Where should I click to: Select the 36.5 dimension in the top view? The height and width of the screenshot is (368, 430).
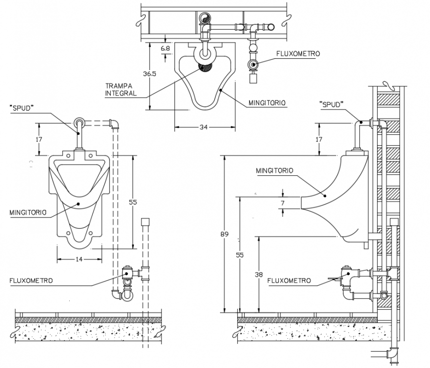click(x=149, y=74)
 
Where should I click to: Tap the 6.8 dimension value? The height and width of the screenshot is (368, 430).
click(x=166, y=48)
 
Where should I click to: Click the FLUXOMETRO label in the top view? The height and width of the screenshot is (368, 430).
click(x=298, y=53)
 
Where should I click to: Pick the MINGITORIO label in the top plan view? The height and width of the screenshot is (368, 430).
click(x=267, y=103)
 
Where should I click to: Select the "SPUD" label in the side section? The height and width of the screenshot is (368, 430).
click(x=331, y=104)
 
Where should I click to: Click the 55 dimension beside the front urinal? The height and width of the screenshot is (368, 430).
click(x=132, y=202)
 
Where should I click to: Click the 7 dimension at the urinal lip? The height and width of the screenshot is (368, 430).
click(x=283, y=203)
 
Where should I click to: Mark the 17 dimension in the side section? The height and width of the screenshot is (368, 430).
click(x=319, y=140)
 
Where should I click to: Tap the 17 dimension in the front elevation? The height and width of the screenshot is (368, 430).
click(x=39, y=139)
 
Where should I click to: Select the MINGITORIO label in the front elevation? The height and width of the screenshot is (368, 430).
click(x=28, y=212)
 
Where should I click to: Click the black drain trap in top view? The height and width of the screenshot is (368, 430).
click(x=205, y=66)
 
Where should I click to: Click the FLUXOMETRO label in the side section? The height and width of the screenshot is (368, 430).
click(x=289, y=281)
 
